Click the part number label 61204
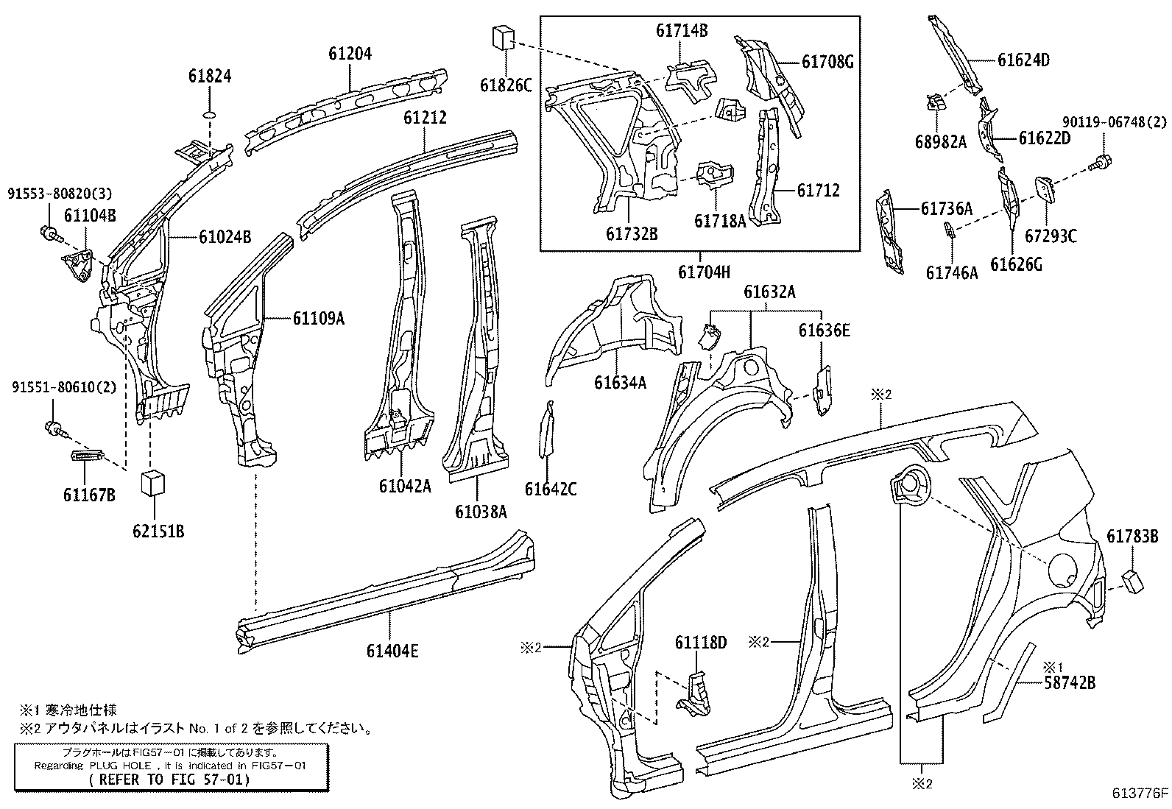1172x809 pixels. pyautogui.click(x=350, y=54)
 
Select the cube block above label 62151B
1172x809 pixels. pyautogui.click(x=152, y=483)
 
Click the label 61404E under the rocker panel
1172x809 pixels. pyautogui.click(x=392, y=651)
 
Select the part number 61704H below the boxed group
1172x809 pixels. pyautogui.click(x=704, y=272)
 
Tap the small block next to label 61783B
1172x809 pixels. pyautogui.click(x=1132, y=582)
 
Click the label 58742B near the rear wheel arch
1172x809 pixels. pyautogui.click(x=1069, y=684)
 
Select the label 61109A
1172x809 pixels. pyautogui.click(x=318, y=318)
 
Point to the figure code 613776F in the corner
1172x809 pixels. pyautogui.click(x=1140, y=794)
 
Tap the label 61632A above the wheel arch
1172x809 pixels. pyautogui.click(x=769, y=292)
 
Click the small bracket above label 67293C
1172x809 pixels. pyautogui.click(x=1046, y=188)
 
